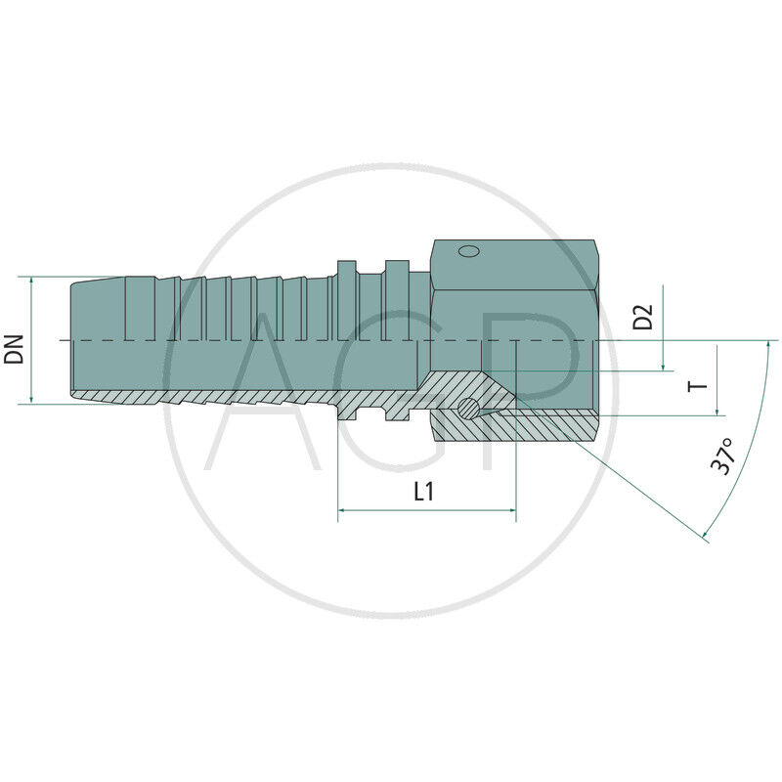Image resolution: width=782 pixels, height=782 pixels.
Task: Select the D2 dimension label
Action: click(x=641, y=317)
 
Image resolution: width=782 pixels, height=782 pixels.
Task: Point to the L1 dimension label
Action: click(x=423, y=492)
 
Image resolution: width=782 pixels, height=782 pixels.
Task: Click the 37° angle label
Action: click(x=723, y=456)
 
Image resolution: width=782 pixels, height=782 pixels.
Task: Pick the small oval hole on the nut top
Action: click(x=468, y=251)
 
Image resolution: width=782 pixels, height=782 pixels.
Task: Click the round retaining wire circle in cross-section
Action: click(x=469, y=408)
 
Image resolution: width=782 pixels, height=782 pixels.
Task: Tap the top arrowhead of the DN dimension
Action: click(x=32, y=280)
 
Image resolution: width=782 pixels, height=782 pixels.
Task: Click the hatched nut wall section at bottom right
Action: click(x=547, y=424)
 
